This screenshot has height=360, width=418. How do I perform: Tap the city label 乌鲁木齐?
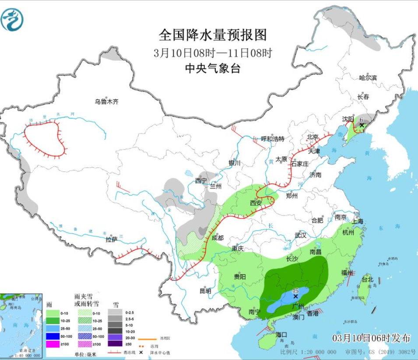[107, 102]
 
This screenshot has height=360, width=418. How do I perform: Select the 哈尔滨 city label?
[368, 78]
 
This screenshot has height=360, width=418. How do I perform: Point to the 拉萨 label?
[112, 239]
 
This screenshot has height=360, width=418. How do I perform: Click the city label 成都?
[217, 238]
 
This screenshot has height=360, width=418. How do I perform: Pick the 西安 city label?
[256, 202]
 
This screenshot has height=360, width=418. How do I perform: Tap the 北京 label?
[313, 137]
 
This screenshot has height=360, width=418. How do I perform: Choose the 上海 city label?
[357, 221]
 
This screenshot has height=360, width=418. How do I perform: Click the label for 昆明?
[205, 290]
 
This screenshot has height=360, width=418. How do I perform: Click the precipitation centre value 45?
[295, 291]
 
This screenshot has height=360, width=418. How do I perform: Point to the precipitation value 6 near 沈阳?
[362, 119]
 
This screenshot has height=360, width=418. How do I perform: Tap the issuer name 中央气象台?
[213, 68]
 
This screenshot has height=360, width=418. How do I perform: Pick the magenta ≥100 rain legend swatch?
[52, 344]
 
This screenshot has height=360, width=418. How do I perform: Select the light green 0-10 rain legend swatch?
[52, 313]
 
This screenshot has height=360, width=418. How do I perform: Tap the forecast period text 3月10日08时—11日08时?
[213, 53]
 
